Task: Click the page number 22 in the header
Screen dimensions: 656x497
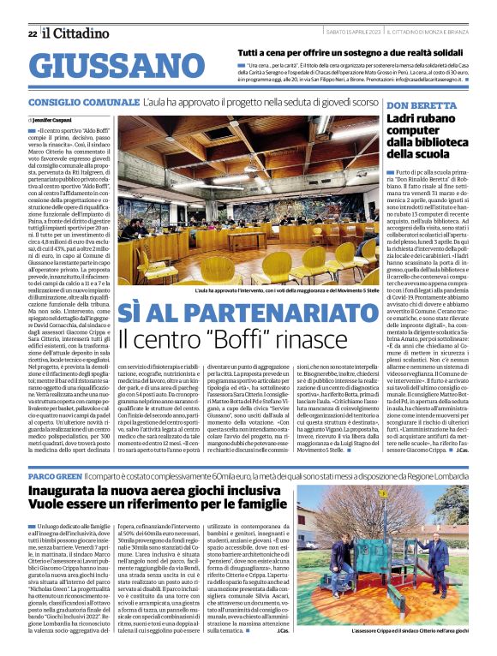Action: click(x=32, y=33)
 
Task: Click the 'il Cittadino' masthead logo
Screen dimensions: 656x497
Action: click(x=75, y=33)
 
